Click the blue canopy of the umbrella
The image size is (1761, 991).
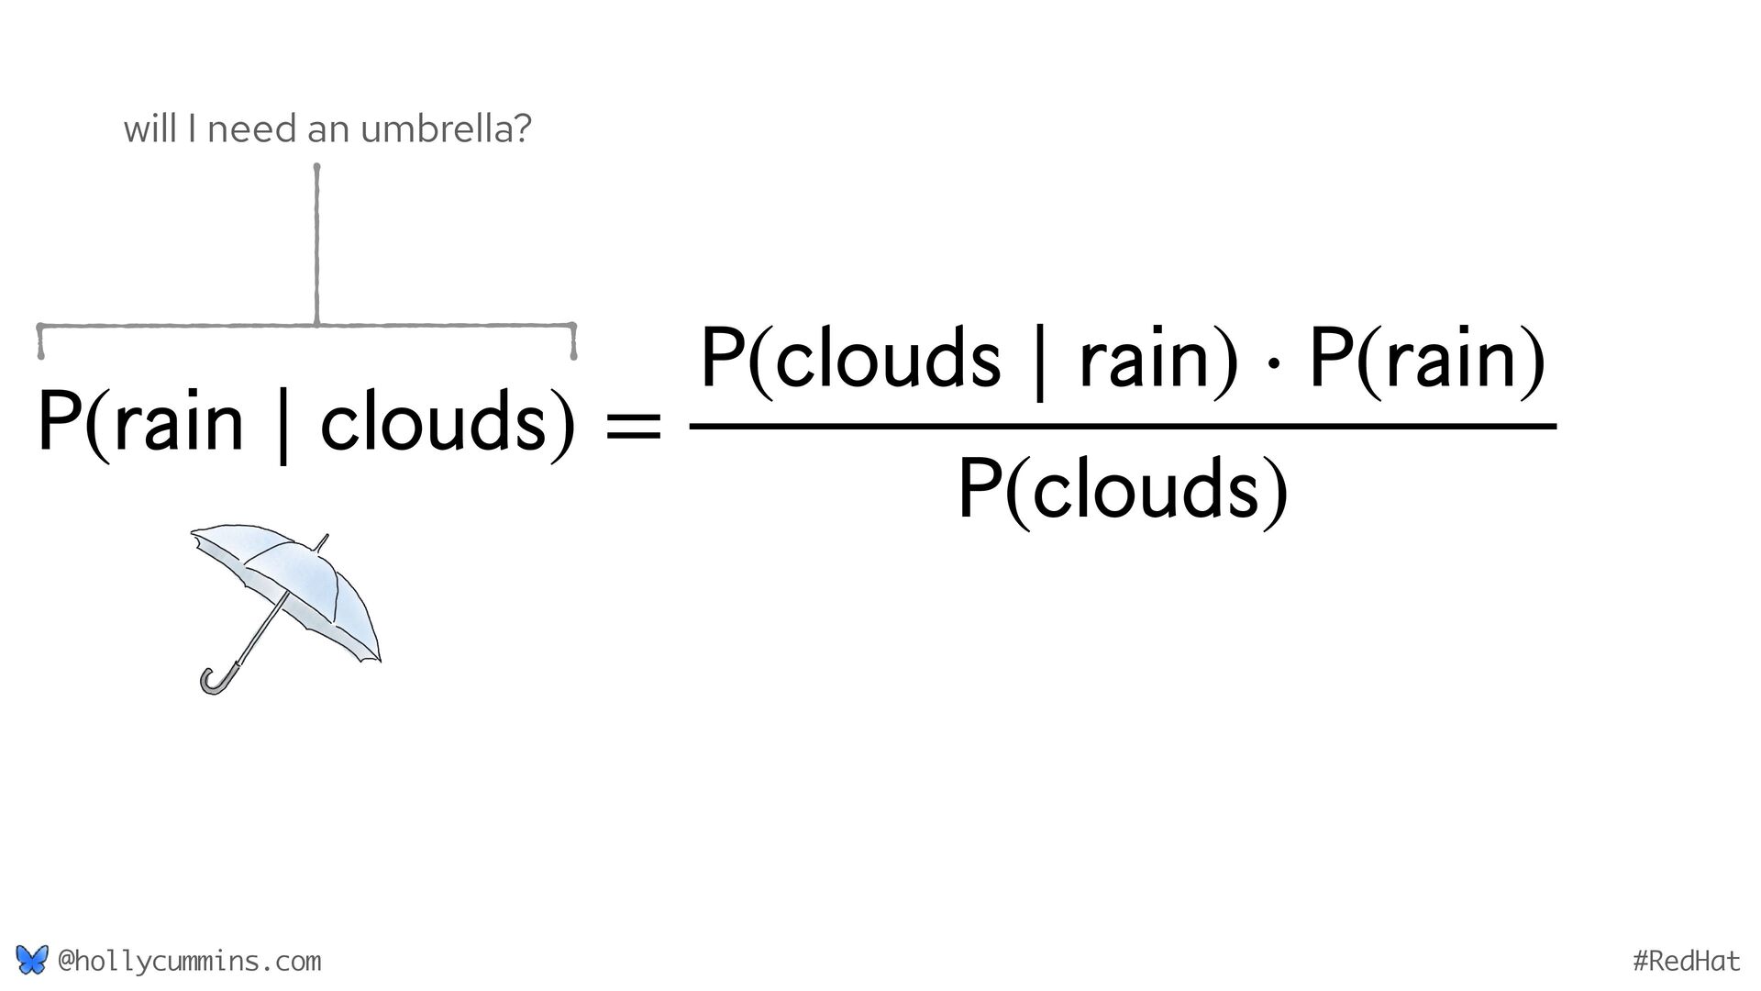pos(303,578)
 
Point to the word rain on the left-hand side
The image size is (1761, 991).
pos(179,422)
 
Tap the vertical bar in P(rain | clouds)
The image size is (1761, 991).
pos(282,427)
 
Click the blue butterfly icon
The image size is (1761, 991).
pos(31,961)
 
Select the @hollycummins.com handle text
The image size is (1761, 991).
pos(189,961)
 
